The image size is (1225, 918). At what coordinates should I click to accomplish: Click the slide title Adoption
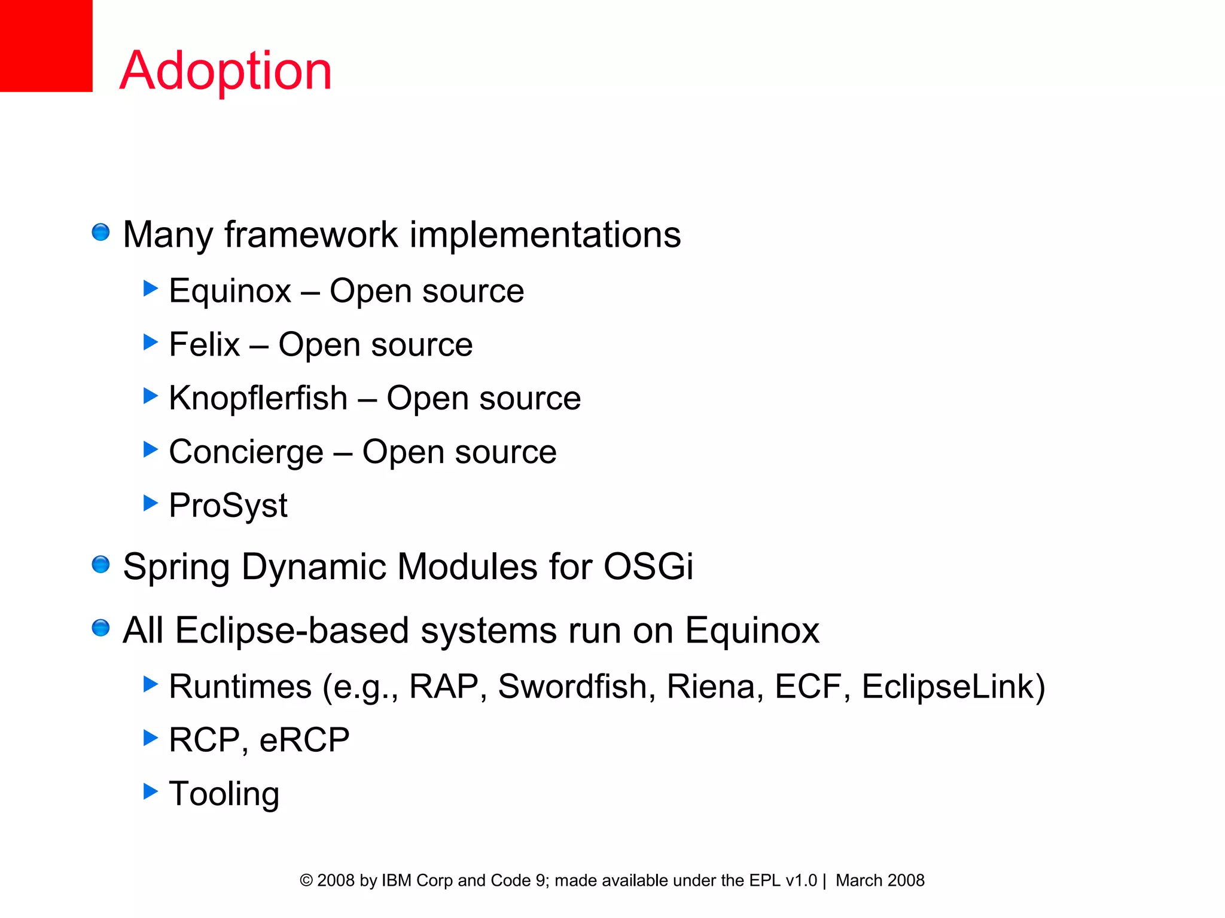pyautogui.click(x=226, y=71)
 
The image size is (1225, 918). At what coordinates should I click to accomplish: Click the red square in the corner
pyautogui.click(x=46, y=45)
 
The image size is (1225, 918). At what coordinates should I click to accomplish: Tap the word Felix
pyautogui.click(x=205, y=344)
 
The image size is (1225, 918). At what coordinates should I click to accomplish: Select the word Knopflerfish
pyautogui.click(x=258, y=398)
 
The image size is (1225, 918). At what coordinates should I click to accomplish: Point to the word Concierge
pyautogui.click(x=246, y=452)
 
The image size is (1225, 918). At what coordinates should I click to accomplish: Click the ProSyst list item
pyautogui.click(x=228, y=506)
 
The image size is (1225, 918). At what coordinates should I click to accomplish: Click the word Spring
pyautogui.click(x=176, y=567)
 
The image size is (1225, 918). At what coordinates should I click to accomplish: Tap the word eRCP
pyautogui.click(x=304, y=740)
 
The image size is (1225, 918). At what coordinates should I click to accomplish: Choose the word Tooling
pyautogui.click(x=224, y=794)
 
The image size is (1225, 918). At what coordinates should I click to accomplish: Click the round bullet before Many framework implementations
pyautogui.click(x=100, y=232)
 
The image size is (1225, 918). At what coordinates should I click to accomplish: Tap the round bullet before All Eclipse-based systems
pyautogui.click(x=100, y=628)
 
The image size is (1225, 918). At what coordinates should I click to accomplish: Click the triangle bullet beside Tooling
pyautogui.click(x=151, y=791)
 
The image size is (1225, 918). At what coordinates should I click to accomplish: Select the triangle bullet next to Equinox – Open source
pyautogui.click(x=151, y=289)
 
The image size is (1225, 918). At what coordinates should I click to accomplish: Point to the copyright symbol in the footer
pyautogui.click(x=306, y=880)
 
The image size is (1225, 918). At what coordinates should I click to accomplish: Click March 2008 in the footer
pyautogui.click(x=880, y=880)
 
